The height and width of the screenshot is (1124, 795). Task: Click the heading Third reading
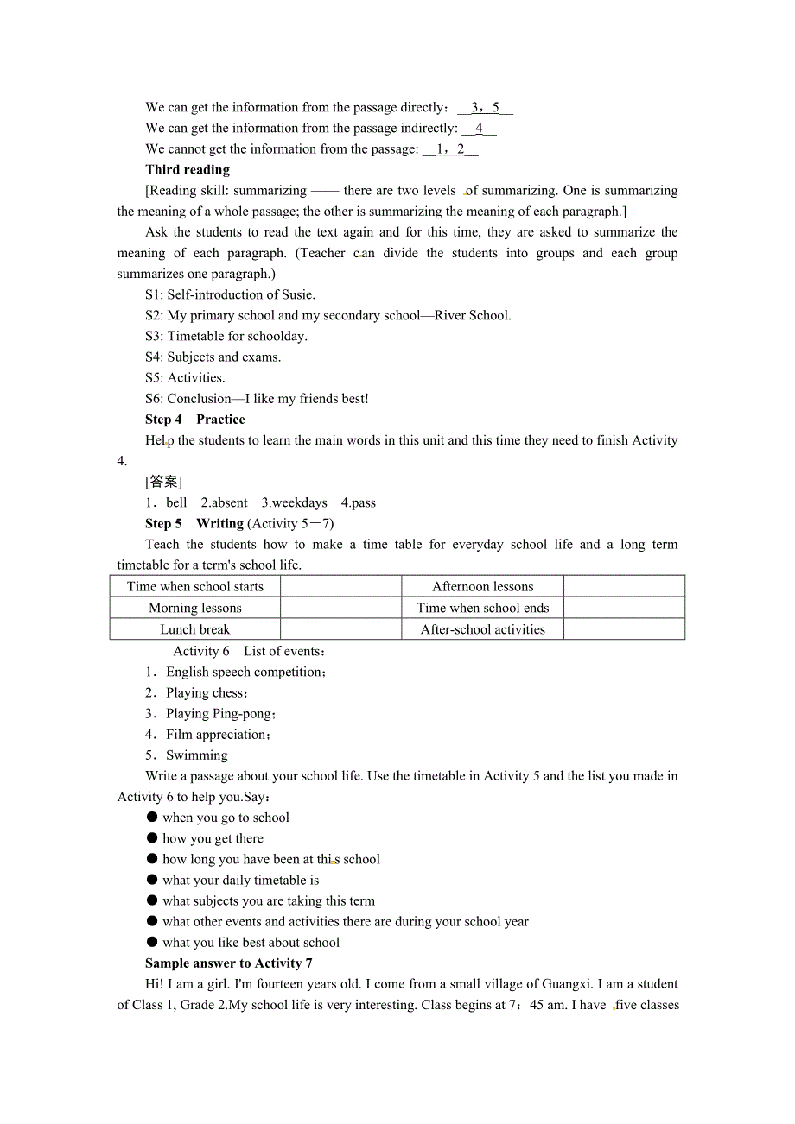(188, 170)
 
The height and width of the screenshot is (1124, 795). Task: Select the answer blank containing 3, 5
(485, 108)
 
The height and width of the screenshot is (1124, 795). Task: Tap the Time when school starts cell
(195, 586)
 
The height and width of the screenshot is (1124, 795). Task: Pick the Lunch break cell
(195, 629)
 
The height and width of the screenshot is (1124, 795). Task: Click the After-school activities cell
(482, 629)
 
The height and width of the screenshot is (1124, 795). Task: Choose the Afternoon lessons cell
(482, 586)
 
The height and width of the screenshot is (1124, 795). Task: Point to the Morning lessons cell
(195, 608)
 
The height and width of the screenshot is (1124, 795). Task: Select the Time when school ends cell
(482, 608)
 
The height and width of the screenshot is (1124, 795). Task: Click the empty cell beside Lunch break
(340, 629)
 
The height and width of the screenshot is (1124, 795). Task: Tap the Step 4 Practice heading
(195, 420)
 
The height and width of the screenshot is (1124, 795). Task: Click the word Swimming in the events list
(197, 755)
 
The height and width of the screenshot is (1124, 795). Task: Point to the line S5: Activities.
(185, 378)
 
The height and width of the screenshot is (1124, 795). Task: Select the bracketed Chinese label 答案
(164, 482)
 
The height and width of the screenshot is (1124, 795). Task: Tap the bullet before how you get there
(152, 838)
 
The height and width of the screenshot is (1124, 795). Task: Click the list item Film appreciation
(216, 735)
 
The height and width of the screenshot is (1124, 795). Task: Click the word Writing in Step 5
(219, 523)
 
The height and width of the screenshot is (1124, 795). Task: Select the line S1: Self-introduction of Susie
(230, 294)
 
